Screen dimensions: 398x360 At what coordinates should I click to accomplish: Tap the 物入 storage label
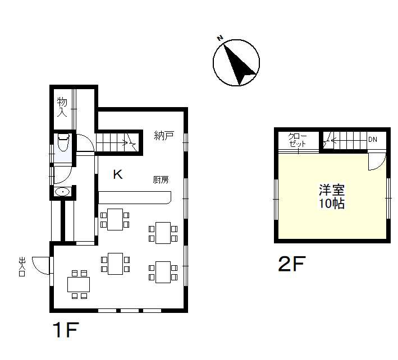point(62,107)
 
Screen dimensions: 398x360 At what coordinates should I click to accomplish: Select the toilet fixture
point(63,142)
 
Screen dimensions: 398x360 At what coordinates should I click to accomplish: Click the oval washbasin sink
point(62,192)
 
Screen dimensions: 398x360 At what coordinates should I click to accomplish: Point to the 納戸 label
point(164,136)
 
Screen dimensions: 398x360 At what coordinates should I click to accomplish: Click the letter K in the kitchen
point(118,174)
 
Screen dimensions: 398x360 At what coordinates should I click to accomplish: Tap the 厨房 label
point(161,180)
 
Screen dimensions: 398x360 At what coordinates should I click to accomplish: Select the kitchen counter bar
point(135,198)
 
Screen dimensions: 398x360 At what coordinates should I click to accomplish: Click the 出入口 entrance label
point(22,267)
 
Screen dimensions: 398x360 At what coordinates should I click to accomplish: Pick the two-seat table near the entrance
point(79,284)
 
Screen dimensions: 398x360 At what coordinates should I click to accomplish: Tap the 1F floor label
point(66,330)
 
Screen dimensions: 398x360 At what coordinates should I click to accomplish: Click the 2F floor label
point(292,264)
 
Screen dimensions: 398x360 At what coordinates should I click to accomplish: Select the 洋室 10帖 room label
point(332,197)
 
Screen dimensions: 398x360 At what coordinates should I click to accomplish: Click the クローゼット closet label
point(298,140)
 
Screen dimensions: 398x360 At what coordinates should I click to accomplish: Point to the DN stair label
point(373,140)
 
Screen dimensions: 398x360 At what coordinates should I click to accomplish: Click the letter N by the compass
point(220,38)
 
